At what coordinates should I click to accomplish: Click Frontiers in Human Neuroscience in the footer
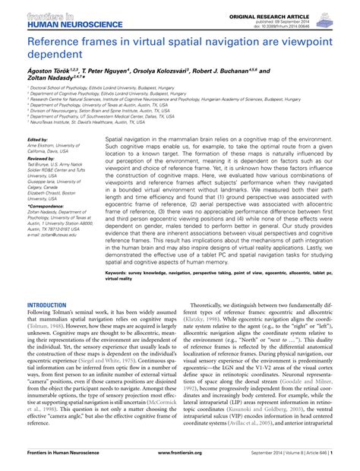[65, 460]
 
